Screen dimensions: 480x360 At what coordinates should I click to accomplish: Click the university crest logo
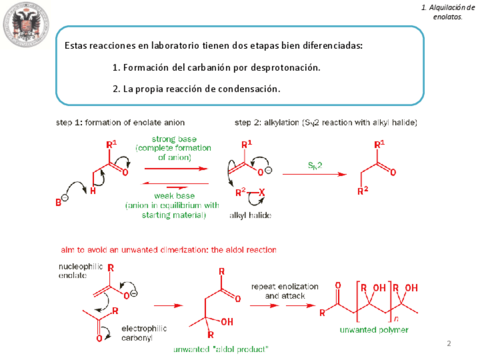[26, 27]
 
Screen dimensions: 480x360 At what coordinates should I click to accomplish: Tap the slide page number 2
[449, 344]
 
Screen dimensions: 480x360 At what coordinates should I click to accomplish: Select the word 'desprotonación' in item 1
[288, 67]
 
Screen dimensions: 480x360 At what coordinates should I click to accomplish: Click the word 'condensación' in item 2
[252, 89]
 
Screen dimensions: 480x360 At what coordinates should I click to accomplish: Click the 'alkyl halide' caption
[250, 216]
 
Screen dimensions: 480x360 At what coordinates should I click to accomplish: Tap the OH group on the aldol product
[226, 322]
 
